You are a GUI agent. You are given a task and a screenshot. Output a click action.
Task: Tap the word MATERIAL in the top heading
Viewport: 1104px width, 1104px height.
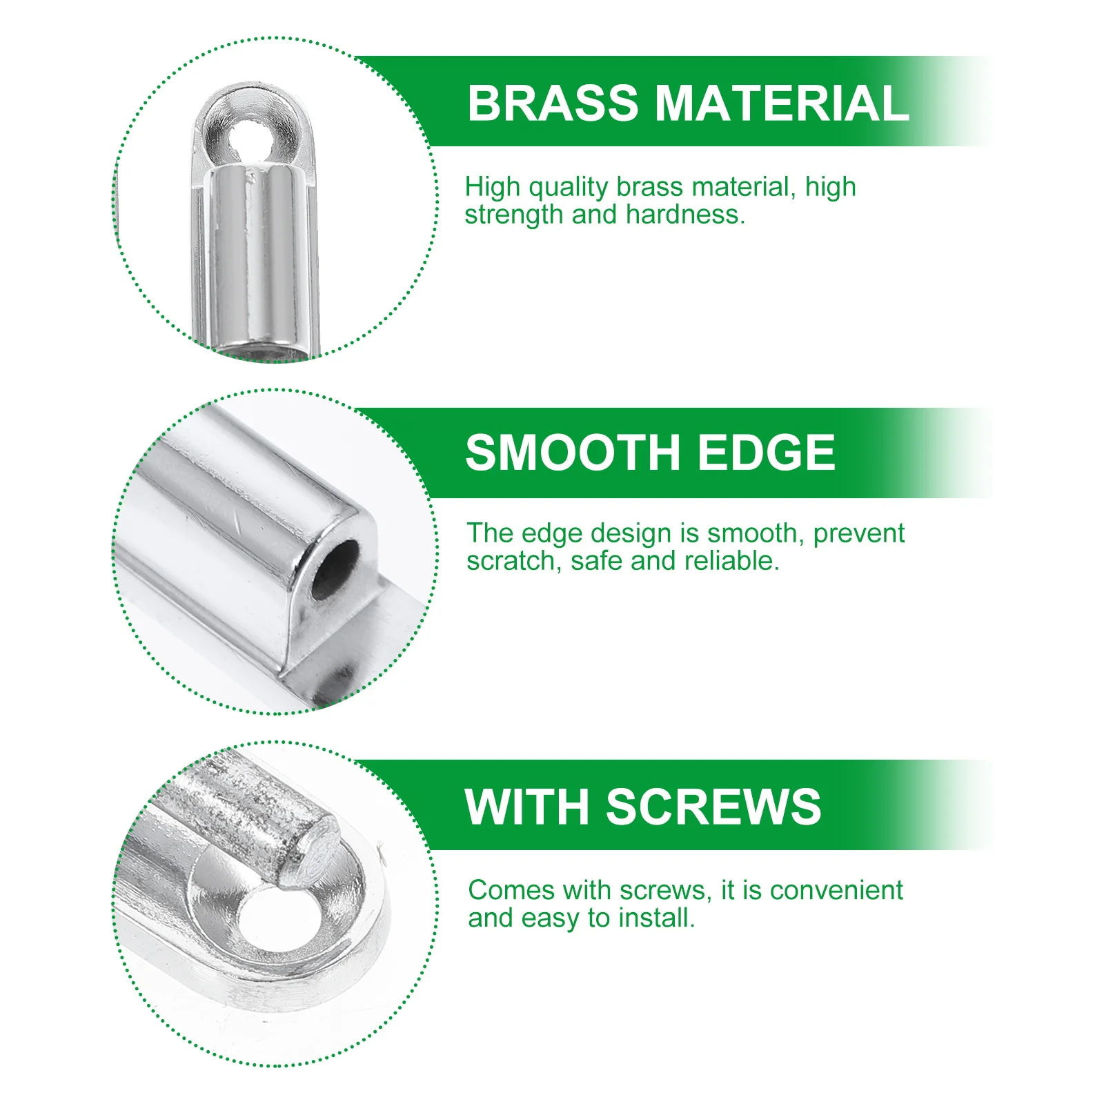[x=781, y=103]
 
